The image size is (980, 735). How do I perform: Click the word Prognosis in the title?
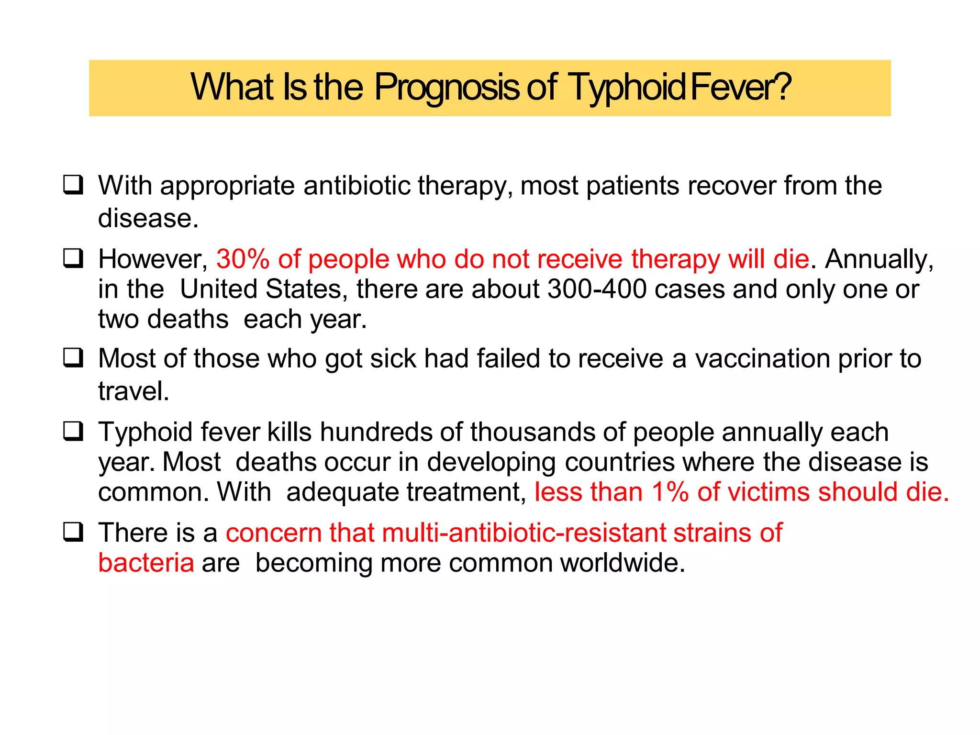point(446,88)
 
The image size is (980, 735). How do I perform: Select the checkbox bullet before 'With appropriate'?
point(73,185)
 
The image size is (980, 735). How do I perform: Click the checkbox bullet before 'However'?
point(73,258)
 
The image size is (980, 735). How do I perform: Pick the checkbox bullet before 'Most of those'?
point(73,358)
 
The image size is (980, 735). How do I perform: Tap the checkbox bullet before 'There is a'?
point(73,532)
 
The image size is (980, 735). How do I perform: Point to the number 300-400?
point(597,289)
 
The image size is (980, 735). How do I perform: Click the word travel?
point(134,391)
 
